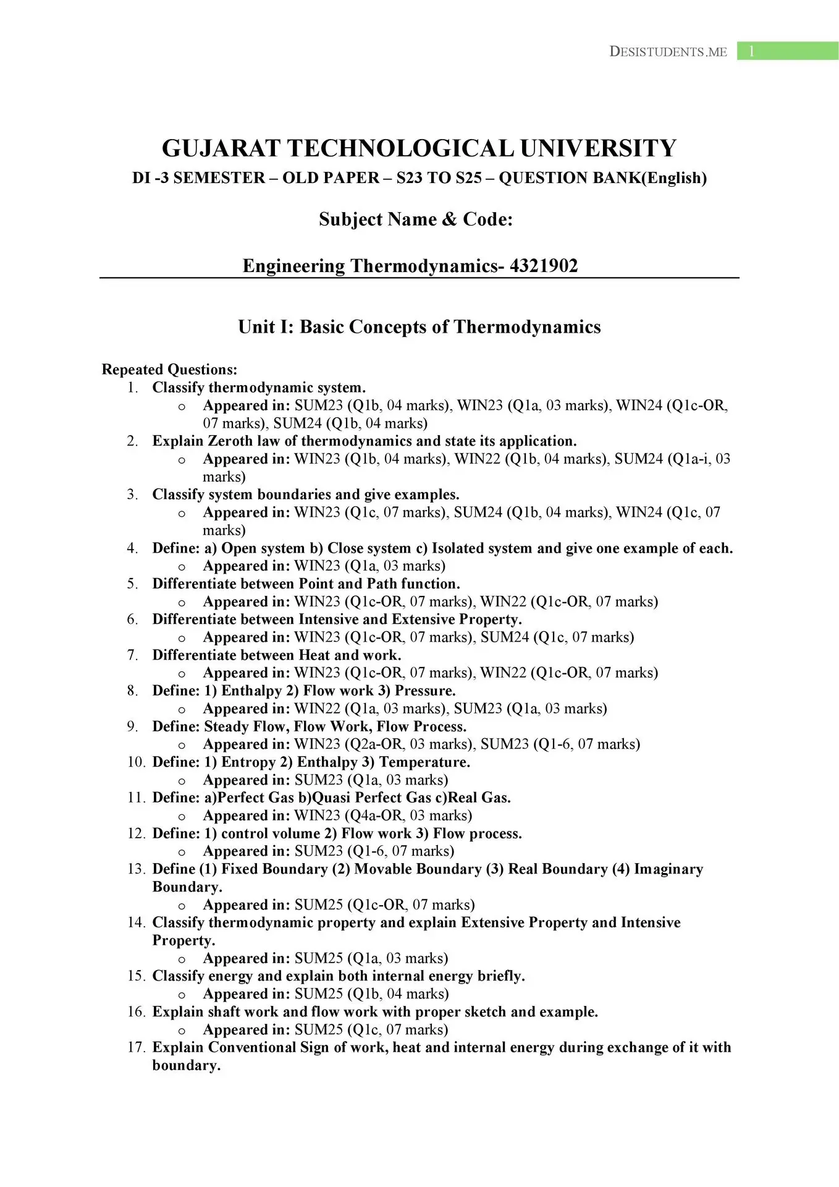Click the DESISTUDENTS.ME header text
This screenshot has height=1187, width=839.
coord(668,52)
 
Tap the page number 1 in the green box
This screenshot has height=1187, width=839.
coord(751,51)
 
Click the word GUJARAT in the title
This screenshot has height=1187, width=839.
coord(221,148)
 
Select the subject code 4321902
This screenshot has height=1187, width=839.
coord(544,266)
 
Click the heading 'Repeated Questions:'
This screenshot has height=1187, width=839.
coord(169,370)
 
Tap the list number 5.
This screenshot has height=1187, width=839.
coord(132,584)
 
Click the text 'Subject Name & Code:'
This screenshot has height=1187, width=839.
coord(416,219)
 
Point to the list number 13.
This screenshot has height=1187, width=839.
coord(136,869)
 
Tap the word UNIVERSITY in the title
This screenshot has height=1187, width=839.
coord(598,148)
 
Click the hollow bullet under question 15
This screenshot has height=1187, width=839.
coord(182,995)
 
